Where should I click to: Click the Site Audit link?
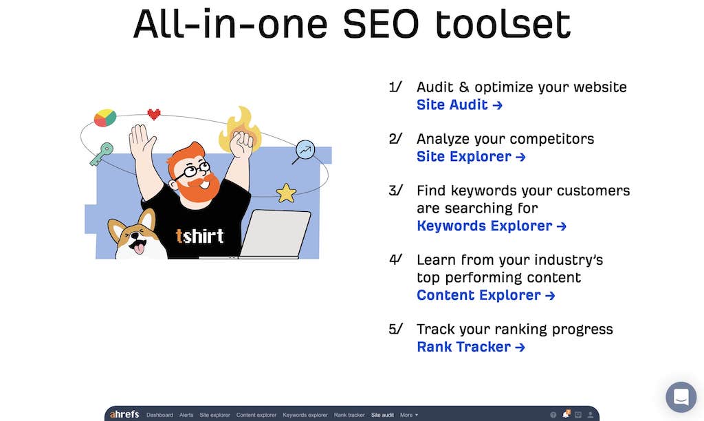(x=459, y=105)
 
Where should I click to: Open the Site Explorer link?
(x=471, y=156)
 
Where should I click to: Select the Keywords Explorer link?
(x=492, y=226)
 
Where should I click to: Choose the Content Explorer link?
(x=486, y=295)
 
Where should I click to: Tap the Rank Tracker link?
(x=470, y=347)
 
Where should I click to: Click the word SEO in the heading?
(x=381, y=24)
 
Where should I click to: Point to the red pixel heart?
(x=154, y=114)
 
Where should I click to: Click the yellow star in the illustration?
(x=286, y=193)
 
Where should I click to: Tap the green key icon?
(x=101, y=154)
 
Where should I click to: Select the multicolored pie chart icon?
(x=105, y=118)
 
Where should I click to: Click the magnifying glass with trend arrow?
(x=304, y=152)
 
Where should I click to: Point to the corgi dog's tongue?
(x=139, y=248)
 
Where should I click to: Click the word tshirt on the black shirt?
(x=199, y=236)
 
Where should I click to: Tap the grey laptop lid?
(x=275, y=233)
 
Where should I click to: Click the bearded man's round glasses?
(x=192, y=171)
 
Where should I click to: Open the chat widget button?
(x=681, y=397)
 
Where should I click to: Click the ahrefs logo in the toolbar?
(x=124, y=414)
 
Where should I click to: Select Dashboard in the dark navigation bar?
(x=159, y=415)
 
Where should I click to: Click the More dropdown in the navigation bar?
(x=408, y=415)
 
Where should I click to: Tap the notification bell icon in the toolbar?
(x=566, y=414)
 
